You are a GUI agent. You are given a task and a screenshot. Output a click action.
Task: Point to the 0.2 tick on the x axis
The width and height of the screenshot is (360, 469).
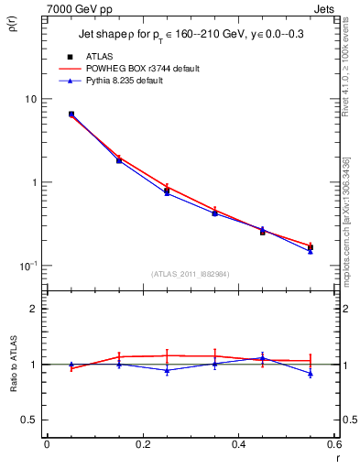[142, 445]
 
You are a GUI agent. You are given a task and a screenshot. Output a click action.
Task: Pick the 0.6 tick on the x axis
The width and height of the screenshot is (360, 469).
[333, 445]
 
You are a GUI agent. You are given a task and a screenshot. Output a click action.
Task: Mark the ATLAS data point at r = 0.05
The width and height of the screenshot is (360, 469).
[71, 115]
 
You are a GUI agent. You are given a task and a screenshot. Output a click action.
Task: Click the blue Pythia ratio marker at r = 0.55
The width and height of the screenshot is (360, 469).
[311, 374]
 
